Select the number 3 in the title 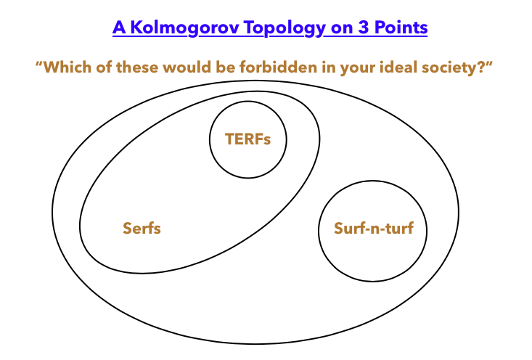364,28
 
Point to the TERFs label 248,139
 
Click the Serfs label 142,228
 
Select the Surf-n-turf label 374,228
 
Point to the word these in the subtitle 137,67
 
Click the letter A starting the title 119,28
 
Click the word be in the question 225,67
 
